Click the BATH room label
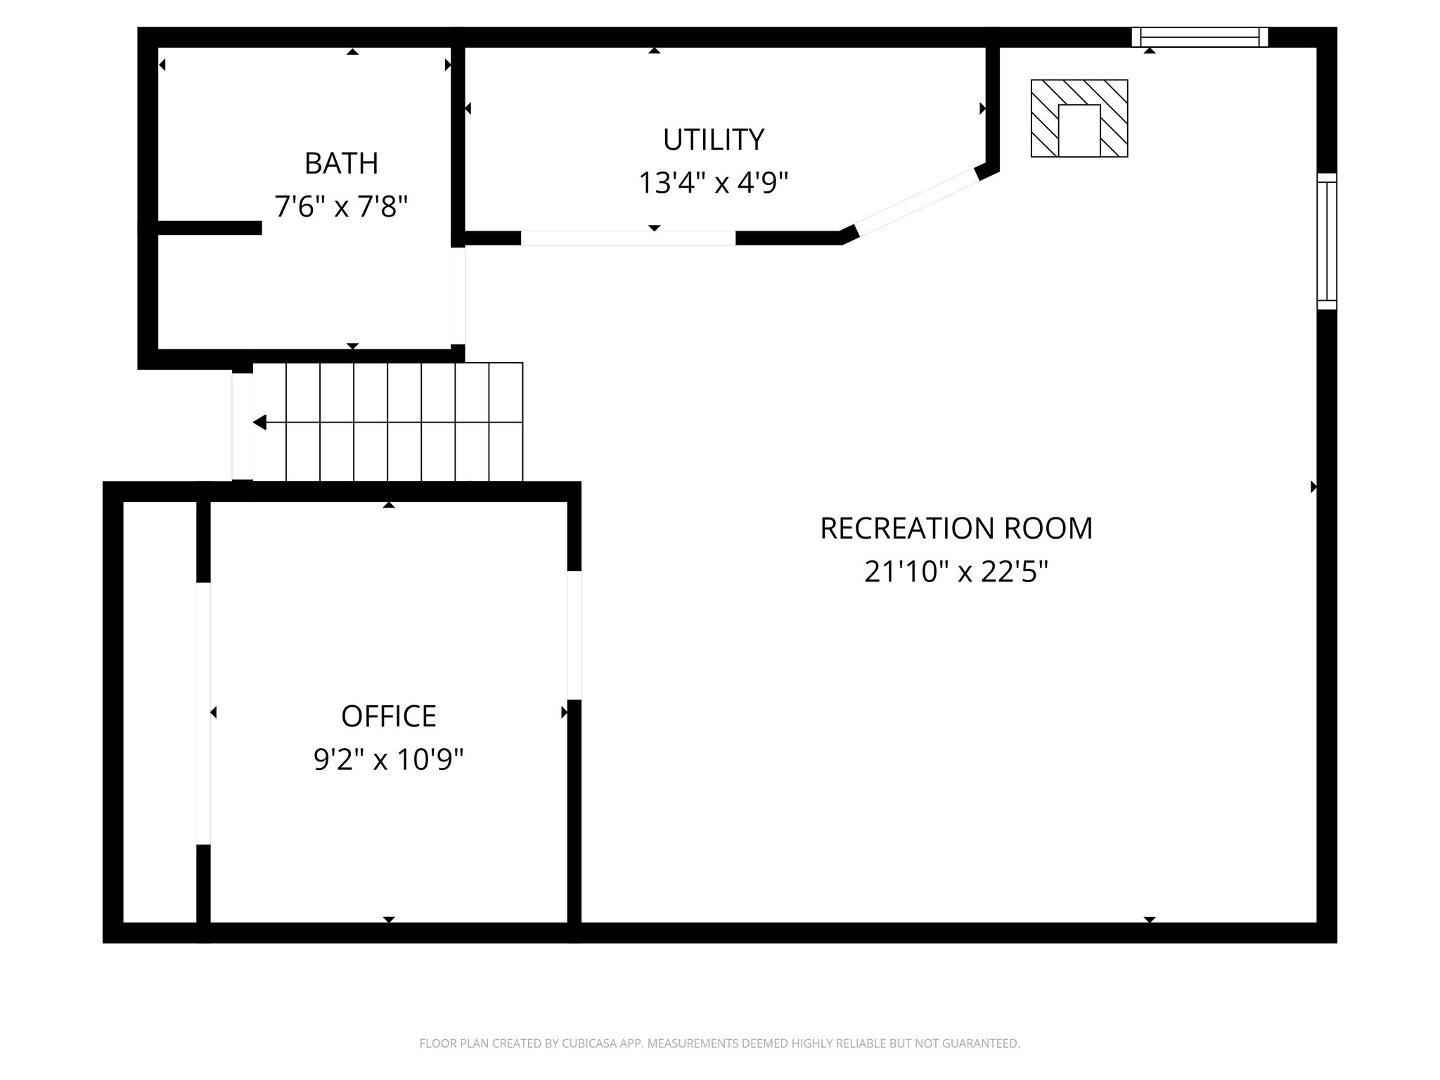pos(341,164)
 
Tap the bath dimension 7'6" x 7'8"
pos(341,207)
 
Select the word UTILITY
pos(713,140)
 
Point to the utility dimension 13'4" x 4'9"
pos(713,184)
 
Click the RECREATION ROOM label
pos(956,529)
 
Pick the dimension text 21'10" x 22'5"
pos(956,572)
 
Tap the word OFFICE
pos(389,716)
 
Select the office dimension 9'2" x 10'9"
pos(389,760)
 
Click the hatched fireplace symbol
pos(1079,118)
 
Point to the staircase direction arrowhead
pos(260,423)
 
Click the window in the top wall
pos(1200,37)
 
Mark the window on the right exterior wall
pos(1327,241)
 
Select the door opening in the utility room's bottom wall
pos(628,238)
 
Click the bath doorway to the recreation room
pos(458,295)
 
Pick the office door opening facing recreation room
pos(574,635)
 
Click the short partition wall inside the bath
pos(210,227)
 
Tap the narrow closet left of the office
pos(160,712)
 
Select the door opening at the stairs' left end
pos(242,426)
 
